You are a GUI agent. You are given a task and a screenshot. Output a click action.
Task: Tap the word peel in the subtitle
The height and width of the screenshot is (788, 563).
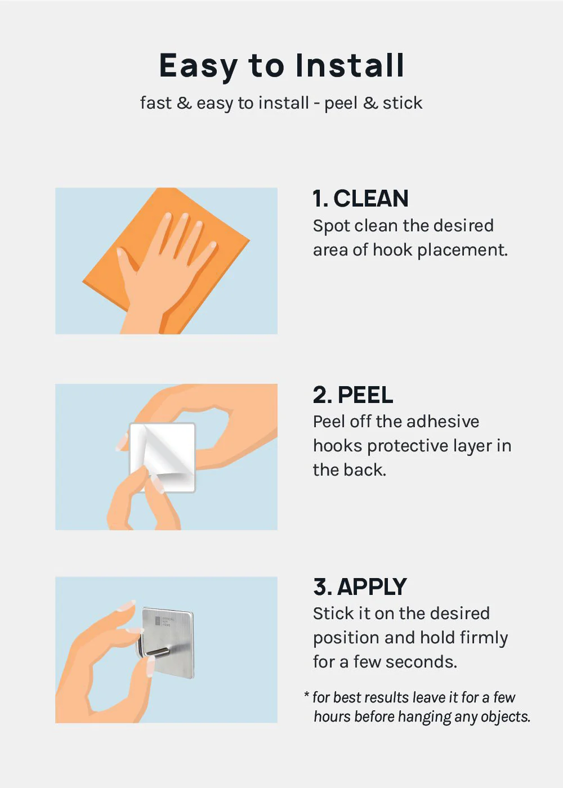click(340, 104)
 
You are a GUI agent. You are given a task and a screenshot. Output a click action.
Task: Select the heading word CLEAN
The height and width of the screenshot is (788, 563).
click(371, 198)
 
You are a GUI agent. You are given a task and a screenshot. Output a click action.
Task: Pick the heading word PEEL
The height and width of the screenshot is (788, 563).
click(365, 395)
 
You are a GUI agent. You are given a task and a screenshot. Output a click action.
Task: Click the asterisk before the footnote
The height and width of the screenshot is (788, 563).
click(306, 695)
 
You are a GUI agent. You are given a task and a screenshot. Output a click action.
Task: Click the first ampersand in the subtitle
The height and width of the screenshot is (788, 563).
click(184, 103)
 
